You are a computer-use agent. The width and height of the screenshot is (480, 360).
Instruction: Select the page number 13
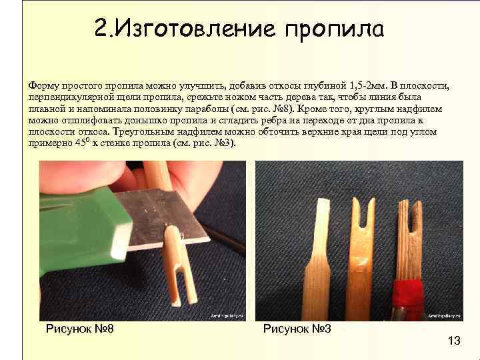pos(453,341)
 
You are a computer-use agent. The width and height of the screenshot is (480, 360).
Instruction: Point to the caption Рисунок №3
pos(297,328)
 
